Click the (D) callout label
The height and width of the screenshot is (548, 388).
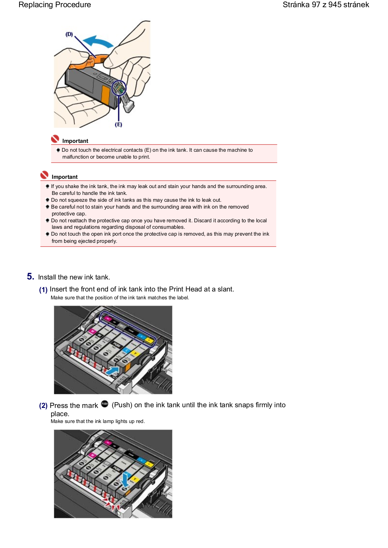click(69, 34)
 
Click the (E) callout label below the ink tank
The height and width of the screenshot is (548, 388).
click(118, 125)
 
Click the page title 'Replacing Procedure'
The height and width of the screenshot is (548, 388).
click(55, 5)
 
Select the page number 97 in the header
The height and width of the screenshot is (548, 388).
click(316, 5)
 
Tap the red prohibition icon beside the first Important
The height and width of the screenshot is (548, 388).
click(55, 139)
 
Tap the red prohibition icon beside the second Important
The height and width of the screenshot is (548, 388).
click(44, 175)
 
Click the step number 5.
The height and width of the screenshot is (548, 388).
click(31, 276)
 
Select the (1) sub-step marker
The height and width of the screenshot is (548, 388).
click(43, 290)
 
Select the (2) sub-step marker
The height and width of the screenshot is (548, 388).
click(43, 406)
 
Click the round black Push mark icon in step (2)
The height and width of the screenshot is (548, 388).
click(105, 404)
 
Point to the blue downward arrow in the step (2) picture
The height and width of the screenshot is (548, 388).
click(126, 480)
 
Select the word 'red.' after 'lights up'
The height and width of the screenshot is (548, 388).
click(140, 421)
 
